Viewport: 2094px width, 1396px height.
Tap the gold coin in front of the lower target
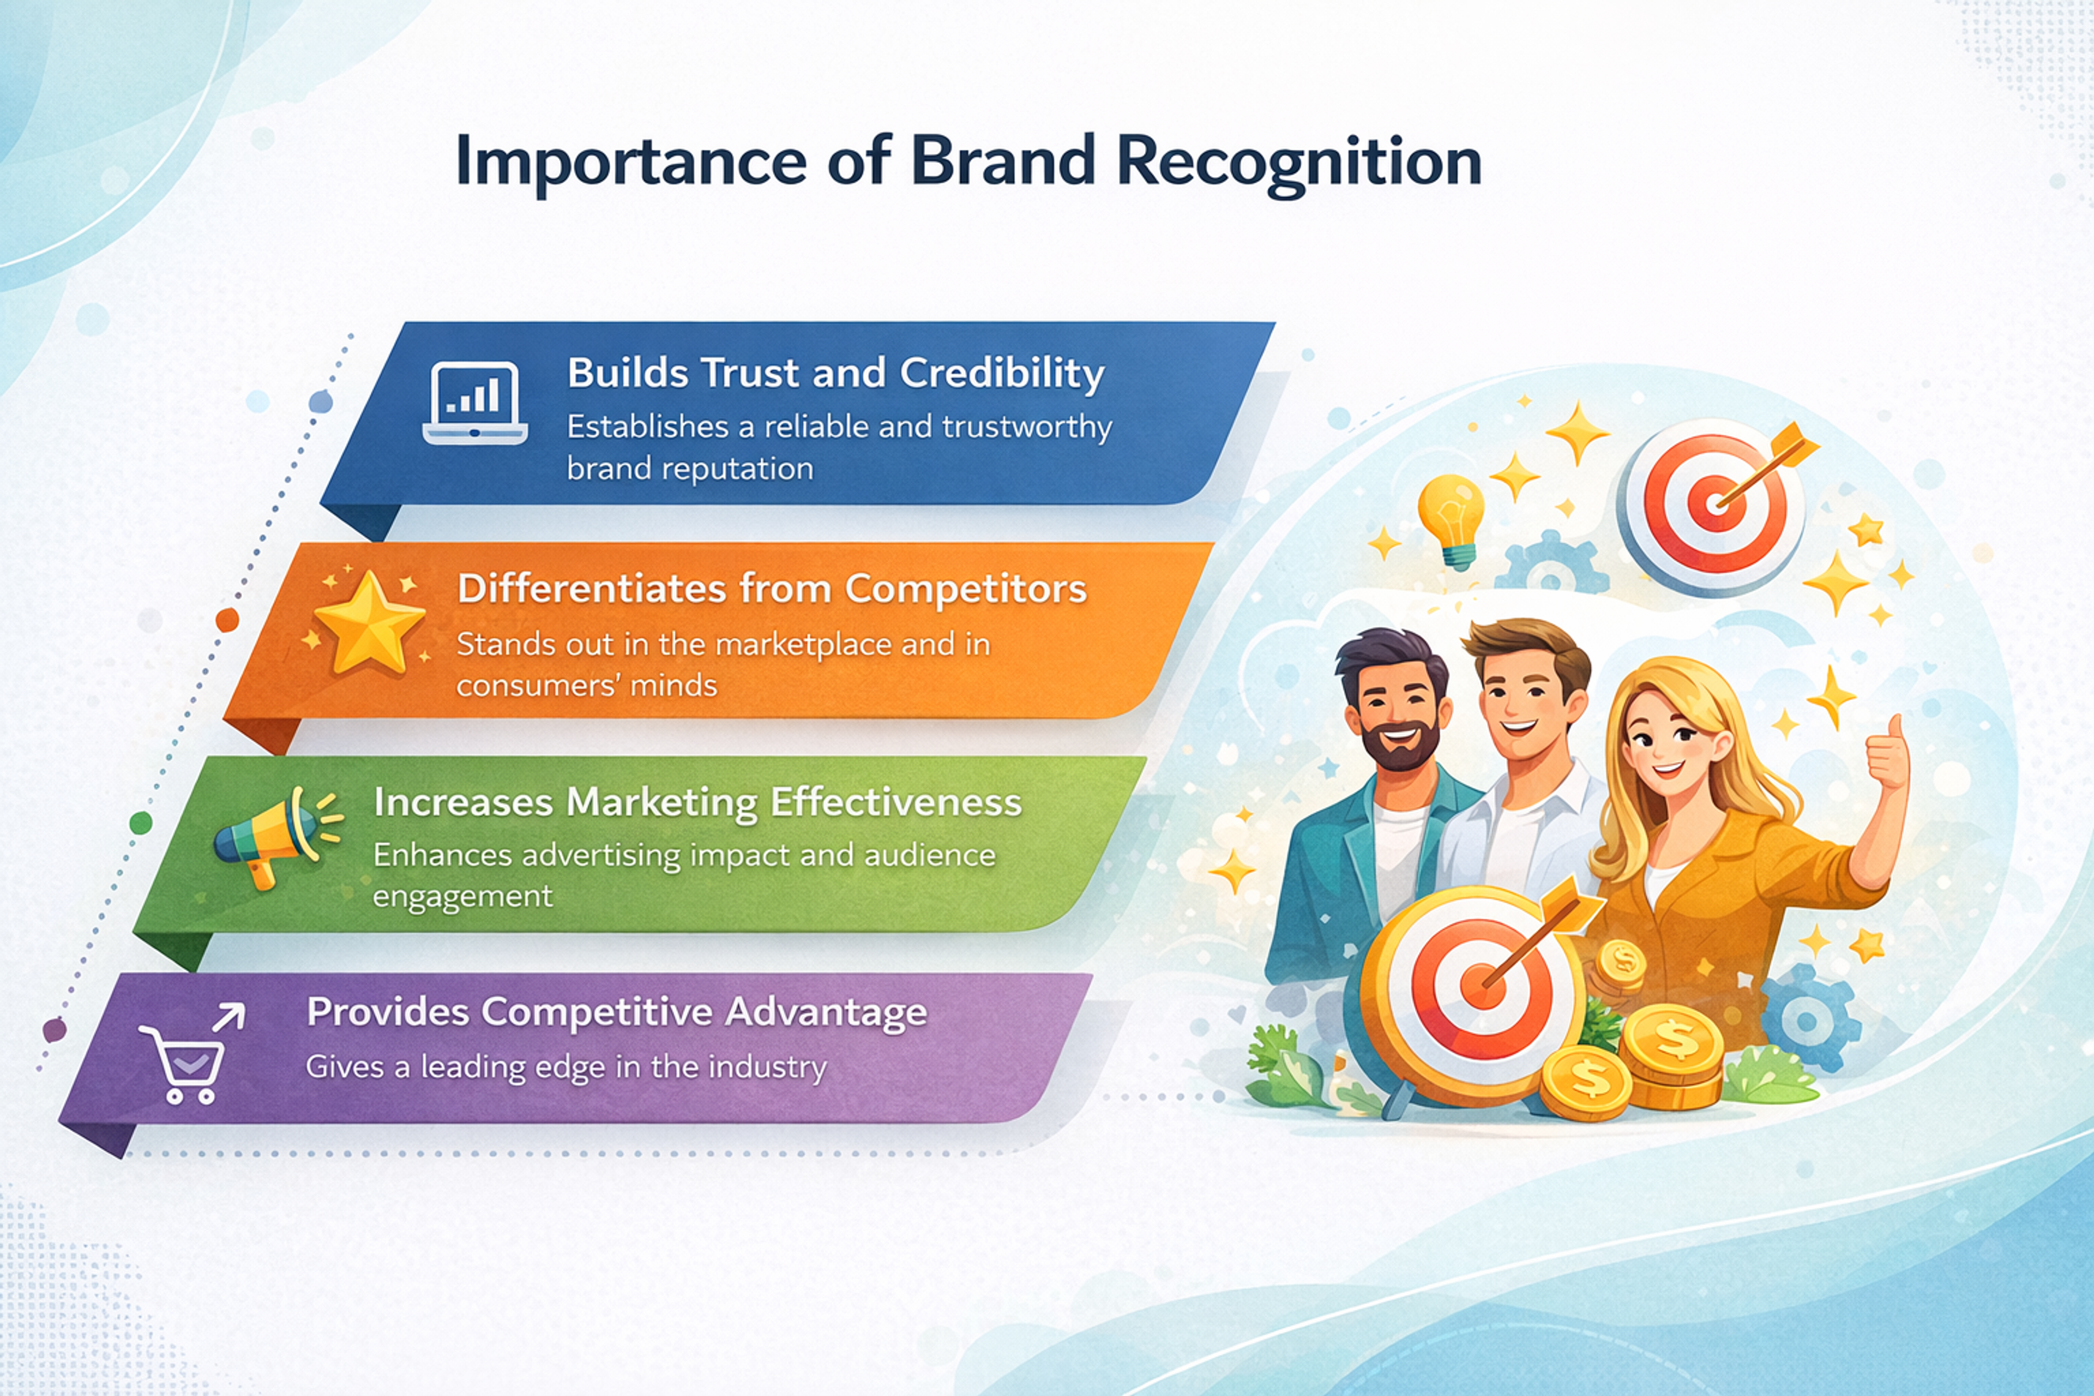pos(1586,1082)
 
